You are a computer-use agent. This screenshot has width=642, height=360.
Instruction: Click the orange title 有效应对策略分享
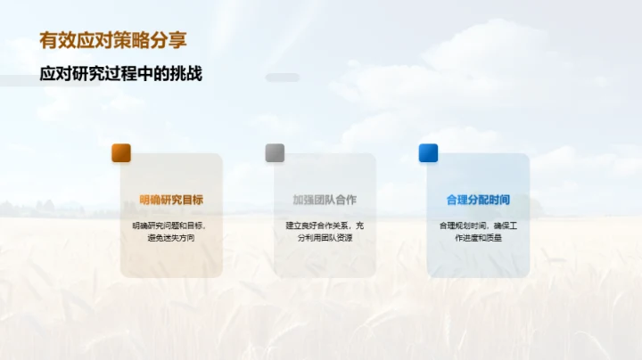[113, 40]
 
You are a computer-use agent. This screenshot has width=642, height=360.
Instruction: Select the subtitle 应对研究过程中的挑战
[120, 74]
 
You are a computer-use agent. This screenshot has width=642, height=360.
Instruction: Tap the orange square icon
[121, 152]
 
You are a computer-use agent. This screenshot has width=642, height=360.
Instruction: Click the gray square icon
[275, 152]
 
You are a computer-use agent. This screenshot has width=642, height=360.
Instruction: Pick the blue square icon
[429, 152]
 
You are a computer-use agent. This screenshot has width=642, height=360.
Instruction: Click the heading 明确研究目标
[171, 200]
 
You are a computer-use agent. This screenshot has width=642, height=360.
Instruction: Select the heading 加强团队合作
[325, 200]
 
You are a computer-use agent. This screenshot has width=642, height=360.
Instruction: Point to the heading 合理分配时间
[478, 200]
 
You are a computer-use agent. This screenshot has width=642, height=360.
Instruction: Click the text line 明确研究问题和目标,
[170, 225]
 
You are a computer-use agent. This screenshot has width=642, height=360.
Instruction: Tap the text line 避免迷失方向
[170, 238]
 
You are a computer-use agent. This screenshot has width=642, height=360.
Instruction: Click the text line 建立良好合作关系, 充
[325, 225]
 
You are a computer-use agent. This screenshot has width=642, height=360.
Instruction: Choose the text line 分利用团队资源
[325, 238]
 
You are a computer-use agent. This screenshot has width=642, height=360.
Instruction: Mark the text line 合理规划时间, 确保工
[478, 225]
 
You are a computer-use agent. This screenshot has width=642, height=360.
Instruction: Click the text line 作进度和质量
[478, 238]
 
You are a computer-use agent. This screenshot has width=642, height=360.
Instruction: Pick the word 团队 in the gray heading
[325, 200]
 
